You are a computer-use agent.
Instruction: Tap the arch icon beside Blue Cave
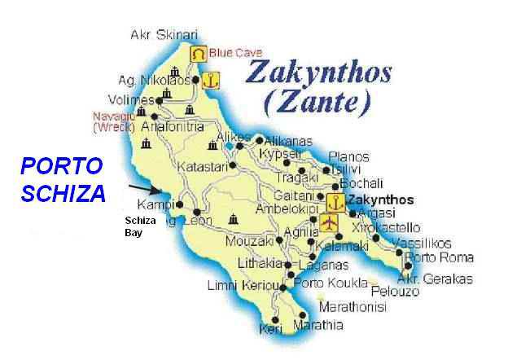(198, 53)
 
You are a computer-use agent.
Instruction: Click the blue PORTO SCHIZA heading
(63, 180)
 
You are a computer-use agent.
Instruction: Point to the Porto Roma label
(440, 258)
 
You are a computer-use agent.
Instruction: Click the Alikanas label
(289, 140)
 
